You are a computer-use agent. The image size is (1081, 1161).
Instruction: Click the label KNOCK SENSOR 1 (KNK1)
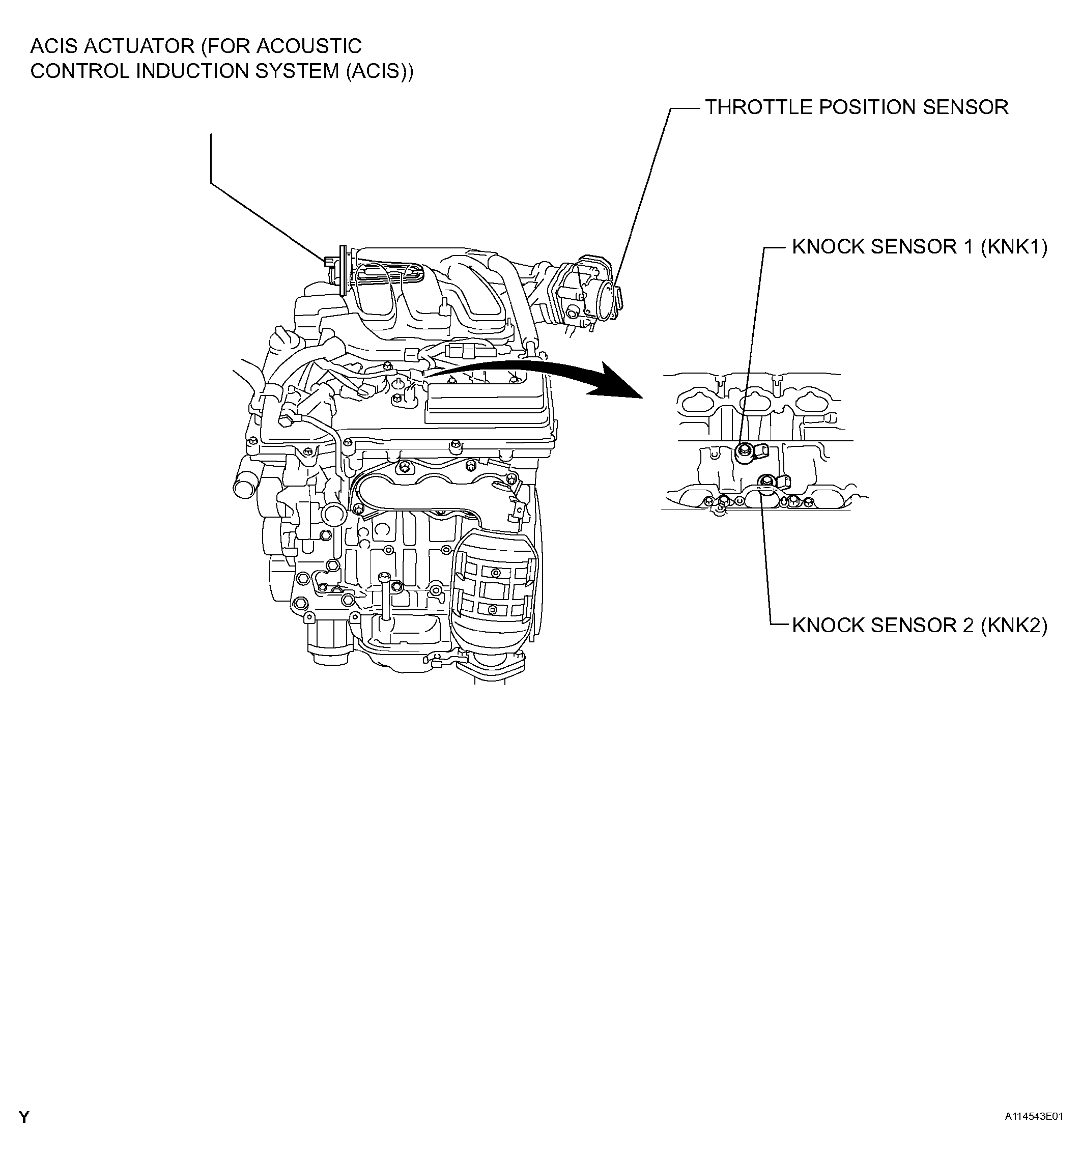[919, 247]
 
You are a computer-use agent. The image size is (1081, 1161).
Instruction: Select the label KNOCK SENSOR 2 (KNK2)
[919, 626]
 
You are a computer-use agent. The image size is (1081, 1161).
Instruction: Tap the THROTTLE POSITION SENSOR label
[856, 107]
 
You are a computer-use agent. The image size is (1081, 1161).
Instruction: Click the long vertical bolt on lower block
[385, 596]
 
